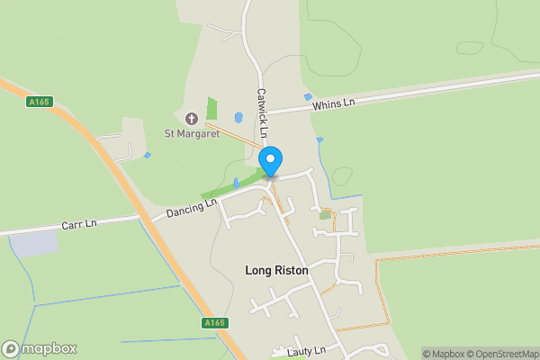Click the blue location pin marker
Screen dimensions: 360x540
(x=270, y=161)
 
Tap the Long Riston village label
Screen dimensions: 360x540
(x=276, y=270)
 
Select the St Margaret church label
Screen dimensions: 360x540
(x=192, y=135)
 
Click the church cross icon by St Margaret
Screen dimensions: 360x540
(x=191, y=119)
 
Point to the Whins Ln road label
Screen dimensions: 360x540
(x=334, y=104)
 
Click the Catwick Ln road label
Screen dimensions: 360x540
(x=262, y=112)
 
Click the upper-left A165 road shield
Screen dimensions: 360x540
(x=40, y=103)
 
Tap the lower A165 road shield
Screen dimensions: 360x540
(x=215, y=322)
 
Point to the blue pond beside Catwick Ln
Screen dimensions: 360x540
(x=238, y=118)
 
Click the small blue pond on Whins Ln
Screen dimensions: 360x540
(x=308, y=96)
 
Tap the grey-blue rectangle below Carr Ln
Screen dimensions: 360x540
(x=34, y=242)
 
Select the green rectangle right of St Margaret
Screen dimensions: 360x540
(x=212, y=109)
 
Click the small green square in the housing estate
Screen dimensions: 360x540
(x=325, y=215)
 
